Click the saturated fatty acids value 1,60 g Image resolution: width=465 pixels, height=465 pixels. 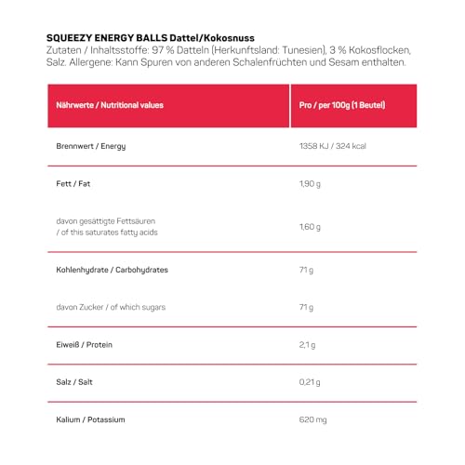pyautogui.click(x=308, y=227)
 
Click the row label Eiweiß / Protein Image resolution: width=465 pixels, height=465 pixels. pyautogui.click(x=80, y=346)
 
